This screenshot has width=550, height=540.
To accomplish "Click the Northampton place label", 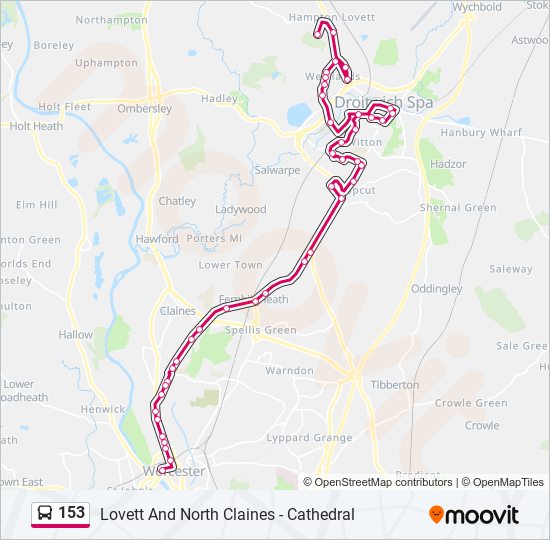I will pos(111,20).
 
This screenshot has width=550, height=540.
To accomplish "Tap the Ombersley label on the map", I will pos(144,109).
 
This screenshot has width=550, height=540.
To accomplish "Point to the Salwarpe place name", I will pos(277,170).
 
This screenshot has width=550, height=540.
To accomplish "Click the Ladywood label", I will pos(241,210).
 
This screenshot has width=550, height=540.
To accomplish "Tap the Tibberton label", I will pos(394,385).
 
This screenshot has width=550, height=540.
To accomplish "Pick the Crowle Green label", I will pos(471,404).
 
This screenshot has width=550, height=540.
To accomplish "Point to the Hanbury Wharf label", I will pos(481,132).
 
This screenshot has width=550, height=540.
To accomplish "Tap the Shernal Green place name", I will pos(458,208).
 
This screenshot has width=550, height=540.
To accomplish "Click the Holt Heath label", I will pos(36,126).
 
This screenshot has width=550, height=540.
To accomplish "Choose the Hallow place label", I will pos(75,336).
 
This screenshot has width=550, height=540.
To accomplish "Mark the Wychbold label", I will pos(477,6).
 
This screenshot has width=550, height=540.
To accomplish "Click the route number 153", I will pos(71,513).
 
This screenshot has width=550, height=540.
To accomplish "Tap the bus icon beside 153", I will pos(45,514).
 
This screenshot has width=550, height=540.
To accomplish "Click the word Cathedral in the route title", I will pos(320,515).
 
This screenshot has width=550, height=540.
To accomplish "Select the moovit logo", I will pos(474,515).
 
